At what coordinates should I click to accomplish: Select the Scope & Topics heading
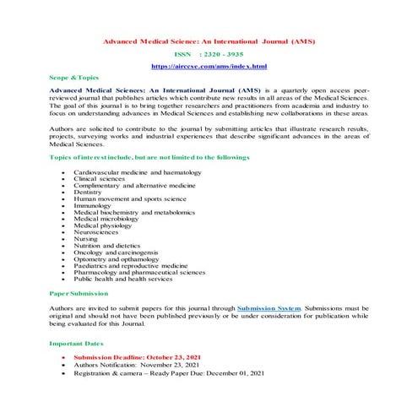click(x=74, y=77)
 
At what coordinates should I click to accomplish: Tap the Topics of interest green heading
click(x=149, y=158)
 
